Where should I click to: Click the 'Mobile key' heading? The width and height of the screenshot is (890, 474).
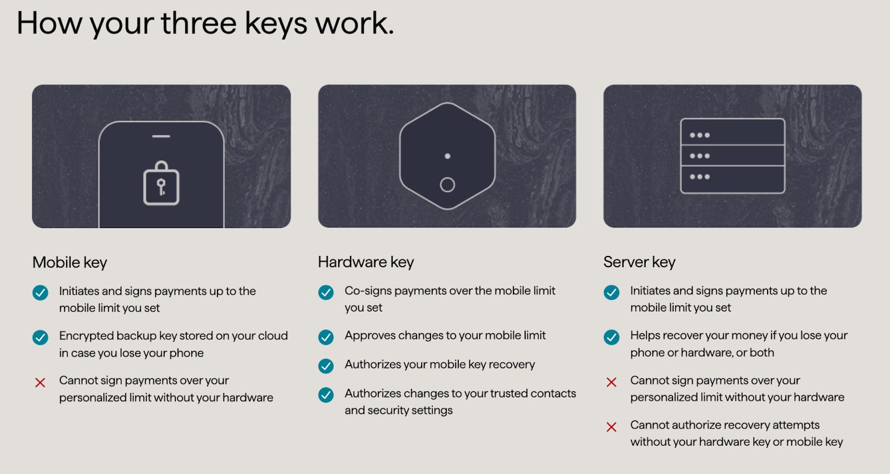[x=70, y=263]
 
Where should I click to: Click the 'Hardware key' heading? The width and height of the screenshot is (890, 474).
[x=365, y=262]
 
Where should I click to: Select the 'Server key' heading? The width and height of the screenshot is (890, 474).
[x=639, y=262]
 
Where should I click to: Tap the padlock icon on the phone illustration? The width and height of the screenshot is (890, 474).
[x=161, y=184]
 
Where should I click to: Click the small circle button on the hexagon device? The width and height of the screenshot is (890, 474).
[x=447, y=185]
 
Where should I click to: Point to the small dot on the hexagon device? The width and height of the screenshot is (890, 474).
[x=447, y=156]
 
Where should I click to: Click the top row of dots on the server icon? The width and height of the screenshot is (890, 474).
[x=699, y=135]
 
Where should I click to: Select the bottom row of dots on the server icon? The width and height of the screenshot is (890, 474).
[x=699, y=177]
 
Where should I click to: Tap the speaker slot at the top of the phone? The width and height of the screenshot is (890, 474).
[x=161, y=136]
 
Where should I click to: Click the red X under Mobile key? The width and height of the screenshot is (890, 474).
[x=40, y=383]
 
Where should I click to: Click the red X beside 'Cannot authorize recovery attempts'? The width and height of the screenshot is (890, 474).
[x=611, y=427]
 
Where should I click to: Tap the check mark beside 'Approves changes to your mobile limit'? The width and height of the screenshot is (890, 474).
[x=326, y=337]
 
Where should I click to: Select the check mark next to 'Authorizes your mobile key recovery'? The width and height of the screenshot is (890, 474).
[x=326, y=366]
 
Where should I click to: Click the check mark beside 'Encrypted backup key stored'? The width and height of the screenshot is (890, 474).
[x=40, y=337]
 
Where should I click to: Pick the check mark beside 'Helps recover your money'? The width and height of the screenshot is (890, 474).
[x=611, y=337]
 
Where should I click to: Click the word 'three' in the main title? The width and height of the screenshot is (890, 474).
[x=199, y=23]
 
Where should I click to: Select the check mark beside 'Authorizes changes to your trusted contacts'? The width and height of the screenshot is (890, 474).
[x=326, y=395]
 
